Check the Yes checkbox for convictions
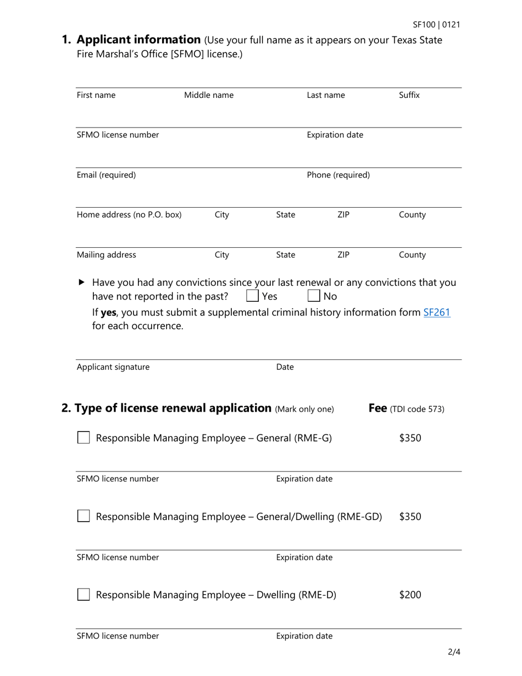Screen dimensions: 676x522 (252, 297)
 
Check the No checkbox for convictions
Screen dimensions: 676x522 (314, 297)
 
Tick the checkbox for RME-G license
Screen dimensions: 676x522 (84, 438)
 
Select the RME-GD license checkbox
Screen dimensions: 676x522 (84, 517)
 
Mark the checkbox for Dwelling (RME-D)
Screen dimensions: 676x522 (84, 595)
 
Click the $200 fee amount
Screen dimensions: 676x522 (410, 595)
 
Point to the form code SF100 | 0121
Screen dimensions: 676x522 (436, 25)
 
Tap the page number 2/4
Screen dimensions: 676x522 (453, 653)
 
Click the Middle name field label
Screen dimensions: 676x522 (209, 95)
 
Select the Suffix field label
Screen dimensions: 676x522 (409, 95)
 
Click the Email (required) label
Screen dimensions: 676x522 (106, 175)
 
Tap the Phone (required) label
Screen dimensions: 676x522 (338, 175)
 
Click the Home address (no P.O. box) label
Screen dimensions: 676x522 (129, 215)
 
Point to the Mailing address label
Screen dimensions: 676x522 (107, 255)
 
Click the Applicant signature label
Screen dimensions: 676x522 (113, 367)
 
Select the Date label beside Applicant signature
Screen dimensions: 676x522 (285, 367)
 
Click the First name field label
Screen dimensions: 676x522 (96, 95)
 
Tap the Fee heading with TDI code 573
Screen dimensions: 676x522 (406, 409)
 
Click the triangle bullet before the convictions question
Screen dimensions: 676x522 (82, 282)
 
